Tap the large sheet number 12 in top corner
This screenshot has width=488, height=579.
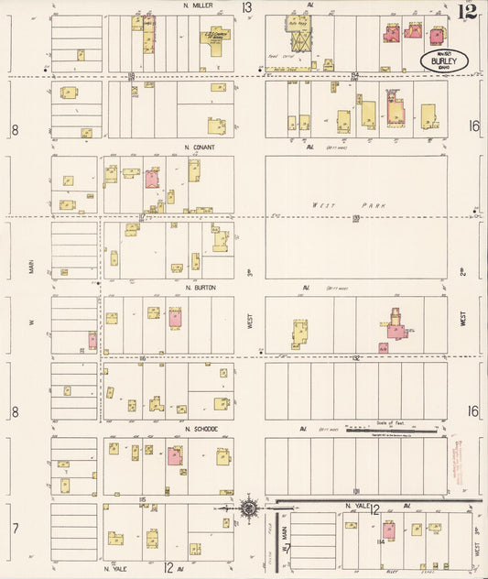point(468,11)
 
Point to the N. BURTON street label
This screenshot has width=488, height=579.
point(200,287)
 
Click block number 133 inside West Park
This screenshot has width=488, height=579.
point(355,218)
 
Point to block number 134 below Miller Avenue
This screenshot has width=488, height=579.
point(355,76)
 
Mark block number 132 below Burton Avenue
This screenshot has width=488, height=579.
point(355,359)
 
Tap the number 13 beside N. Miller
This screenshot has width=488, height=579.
point(246,8)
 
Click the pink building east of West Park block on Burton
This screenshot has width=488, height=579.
point(395,327)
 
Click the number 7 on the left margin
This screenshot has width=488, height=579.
point(14,529)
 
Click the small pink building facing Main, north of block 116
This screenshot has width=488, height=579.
point(92,340)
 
